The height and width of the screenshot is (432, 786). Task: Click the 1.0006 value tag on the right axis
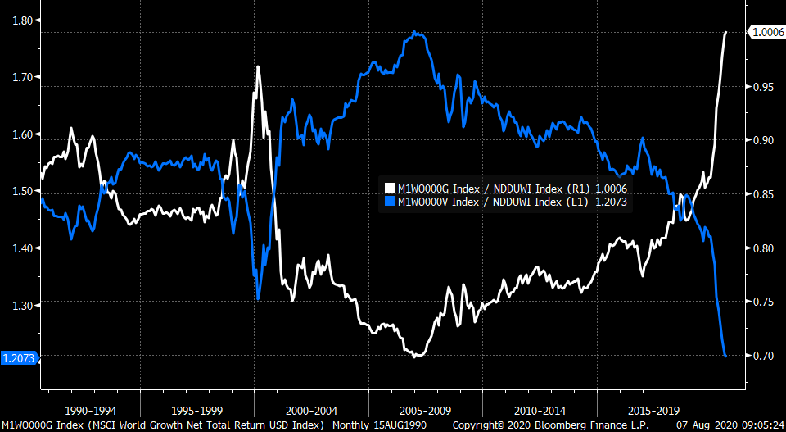coord(767,32)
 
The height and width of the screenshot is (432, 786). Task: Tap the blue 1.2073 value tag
coord(18,358)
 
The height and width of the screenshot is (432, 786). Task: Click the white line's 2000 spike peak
coord(258,67)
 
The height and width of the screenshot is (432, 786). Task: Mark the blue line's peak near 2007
coord(417,32)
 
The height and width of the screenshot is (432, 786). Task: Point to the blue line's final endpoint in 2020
coord(725,356)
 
